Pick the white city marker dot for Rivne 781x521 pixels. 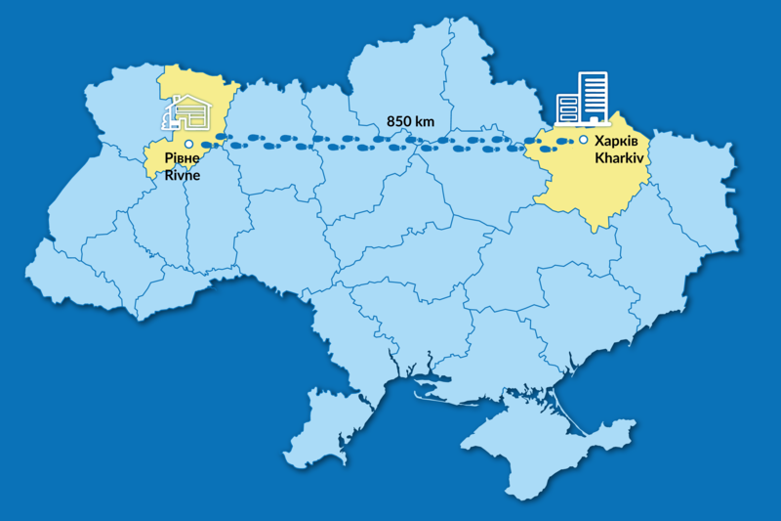pos(189,144)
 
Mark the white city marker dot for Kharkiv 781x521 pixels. pos(583,140)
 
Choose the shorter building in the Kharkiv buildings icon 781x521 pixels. pos(566,108)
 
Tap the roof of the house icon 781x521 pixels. pos(189,102)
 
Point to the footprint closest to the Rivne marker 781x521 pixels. pos(223,137)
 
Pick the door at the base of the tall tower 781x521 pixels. pos(592,119)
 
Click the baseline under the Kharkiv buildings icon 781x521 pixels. pos(582,125)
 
